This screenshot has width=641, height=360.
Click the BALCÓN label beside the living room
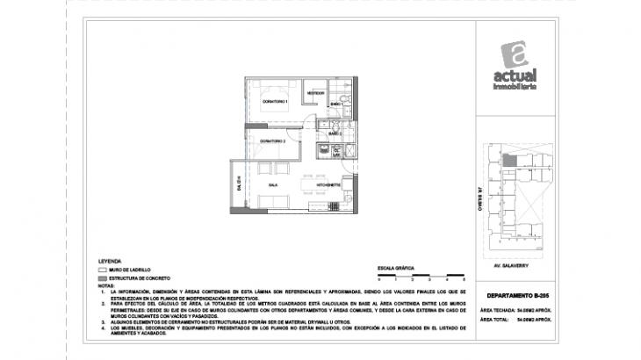238,184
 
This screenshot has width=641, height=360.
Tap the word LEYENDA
110,262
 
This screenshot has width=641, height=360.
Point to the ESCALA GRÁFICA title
393,265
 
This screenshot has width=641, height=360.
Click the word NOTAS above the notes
106,285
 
